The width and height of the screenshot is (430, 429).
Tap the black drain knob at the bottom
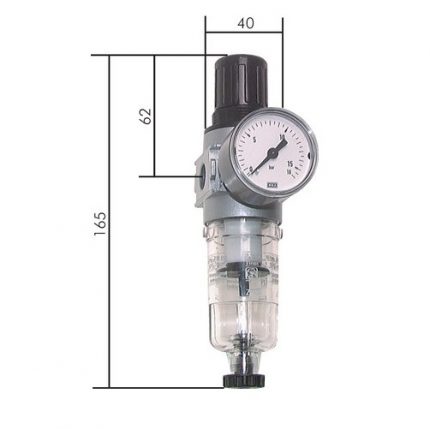point(241,378)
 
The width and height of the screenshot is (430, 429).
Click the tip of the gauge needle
point(285,141)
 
